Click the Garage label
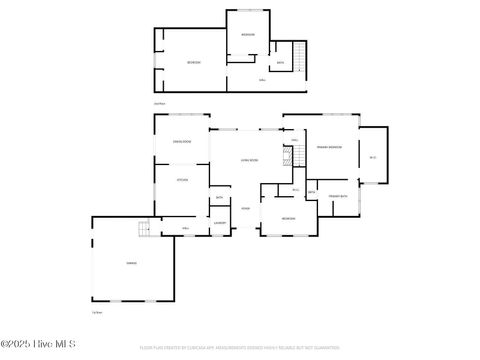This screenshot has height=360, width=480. coord(131,263)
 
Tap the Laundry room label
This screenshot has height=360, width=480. coord(219,210)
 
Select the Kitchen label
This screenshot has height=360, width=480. coord(182,180)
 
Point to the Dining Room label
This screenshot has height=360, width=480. coord(182,142)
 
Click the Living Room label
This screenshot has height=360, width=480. coord(249,160)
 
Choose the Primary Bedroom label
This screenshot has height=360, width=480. coord(329,147)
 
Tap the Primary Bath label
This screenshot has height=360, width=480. coord(337,196)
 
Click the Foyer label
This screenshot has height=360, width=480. coord(245,208)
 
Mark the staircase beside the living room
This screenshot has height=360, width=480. coord(291,155)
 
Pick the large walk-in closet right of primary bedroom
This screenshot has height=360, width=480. coord(373,156)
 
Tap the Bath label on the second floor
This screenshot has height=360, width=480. coord(280,63)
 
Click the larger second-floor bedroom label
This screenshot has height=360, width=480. coord(194,63)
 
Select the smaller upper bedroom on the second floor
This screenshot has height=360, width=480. coord(248,34)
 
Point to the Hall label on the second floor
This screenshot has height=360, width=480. coord(262,80)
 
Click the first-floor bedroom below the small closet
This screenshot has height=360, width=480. coord(288,218)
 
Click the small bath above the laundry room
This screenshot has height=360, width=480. coord(219,197)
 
